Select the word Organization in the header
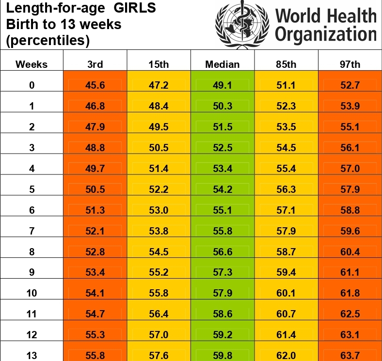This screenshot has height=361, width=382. [x=326, y=35]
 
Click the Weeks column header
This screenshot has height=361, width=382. [x=32, y=64]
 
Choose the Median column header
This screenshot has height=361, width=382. [x=223, y=64]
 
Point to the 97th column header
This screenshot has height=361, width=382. [x=350, y=64]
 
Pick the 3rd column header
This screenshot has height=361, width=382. [x=95, y=64]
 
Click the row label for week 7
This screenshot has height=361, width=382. [x=32, y=231]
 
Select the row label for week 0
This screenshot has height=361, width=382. [x=32, y=86]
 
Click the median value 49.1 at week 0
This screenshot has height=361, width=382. [x=223, y=86]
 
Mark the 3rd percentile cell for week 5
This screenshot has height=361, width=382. [x=95, y=189]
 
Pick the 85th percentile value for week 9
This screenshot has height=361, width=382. [x=286, y=272]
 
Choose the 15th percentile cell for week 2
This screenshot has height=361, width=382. [x=159, y=127]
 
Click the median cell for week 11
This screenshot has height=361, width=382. [x=223, y=314]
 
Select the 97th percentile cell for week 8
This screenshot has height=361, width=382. [x=350, y=252]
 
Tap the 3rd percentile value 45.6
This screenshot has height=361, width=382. [x=95, y=86]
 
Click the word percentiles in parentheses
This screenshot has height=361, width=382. [x=48, y=41]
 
